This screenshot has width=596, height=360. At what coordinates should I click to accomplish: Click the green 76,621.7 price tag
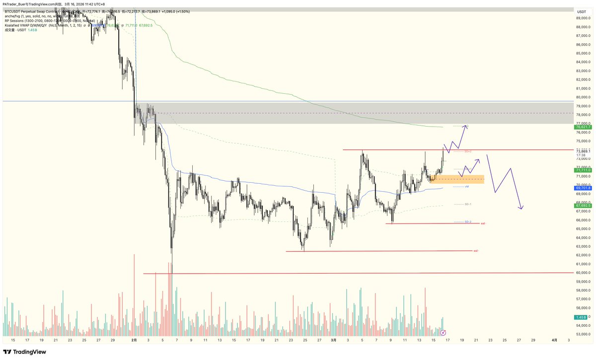pyautogui.click(x=583, y=127)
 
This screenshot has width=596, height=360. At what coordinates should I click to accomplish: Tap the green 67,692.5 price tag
pyautogui.click(x=583, y=206)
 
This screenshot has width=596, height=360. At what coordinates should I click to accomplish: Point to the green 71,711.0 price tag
pyautogui.click(x=583, y=170)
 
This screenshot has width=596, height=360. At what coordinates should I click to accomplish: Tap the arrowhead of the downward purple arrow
pyautogui.click(x=521, y=208)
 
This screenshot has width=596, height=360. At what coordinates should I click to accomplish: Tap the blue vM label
pyautogui.click(x=467, y=187)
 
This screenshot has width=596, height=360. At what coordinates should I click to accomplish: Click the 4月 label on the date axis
pyautogui.click(x=555, y=340)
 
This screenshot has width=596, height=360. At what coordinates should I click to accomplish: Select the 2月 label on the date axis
pyautogui.click(x=134, y=340)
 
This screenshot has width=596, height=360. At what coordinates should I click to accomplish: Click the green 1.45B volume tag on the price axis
pyautogui.click(x=582, y=317)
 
